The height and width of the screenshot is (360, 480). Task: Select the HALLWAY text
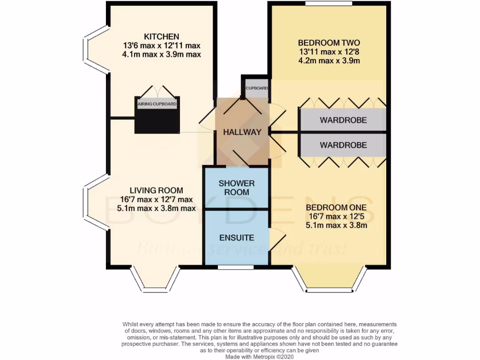coord(242,132)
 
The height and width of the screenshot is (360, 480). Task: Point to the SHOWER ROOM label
coord(237,187)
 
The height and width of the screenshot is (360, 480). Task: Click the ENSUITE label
coord(237,238)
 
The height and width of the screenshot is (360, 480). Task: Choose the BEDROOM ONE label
coord(336,208)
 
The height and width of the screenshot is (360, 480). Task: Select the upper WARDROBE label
coord(343,120)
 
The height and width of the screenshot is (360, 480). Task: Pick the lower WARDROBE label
coord(343,145)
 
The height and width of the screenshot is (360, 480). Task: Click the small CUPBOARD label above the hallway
coord(257,88)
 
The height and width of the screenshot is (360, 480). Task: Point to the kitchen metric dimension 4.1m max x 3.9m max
coord(162,54)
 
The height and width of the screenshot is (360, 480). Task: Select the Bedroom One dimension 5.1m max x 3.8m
coord(336,225)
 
